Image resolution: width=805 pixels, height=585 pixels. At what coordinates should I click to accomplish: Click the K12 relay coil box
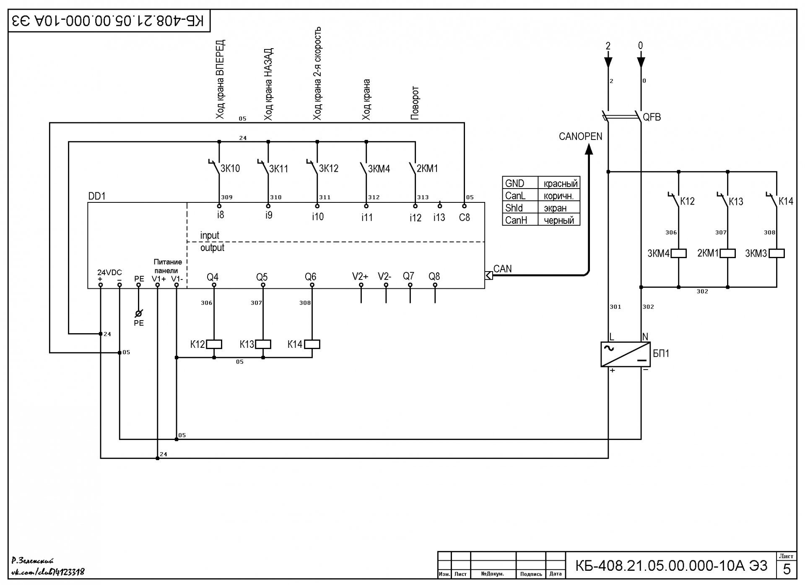click(214, 344)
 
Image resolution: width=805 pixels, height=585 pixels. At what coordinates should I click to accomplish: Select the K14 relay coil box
click(312, 344)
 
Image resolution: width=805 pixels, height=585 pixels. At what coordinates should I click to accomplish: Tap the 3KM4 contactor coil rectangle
click(679, 254)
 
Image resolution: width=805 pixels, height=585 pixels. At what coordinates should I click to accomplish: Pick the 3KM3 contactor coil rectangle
click(777, 254)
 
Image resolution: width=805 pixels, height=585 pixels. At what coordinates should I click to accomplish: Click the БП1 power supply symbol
click(625, 355)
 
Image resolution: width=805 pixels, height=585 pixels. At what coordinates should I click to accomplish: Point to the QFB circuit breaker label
click(652, 117)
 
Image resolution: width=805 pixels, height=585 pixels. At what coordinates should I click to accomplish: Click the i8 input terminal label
click(221, 215)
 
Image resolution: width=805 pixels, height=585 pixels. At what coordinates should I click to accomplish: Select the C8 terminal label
click(465, 217)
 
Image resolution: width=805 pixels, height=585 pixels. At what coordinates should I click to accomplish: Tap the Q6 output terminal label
click(311, 277)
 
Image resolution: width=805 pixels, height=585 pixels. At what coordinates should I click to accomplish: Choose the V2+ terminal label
click(360, 277)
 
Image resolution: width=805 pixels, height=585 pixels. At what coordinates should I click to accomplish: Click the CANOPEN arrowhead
click(589, 149)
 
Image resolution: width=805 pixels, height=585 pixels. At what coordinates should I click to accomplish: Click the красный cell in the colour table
click(559, 183)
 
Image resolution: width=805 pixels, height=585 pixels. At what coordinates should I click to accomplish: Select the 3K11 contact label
click(279, 169)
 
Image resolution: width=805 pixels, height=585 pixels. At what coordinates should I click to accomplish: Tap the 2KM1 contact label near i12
click(427, 168)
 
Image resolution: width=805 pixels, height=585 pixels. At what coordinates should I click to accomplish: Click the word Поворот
click(415, 103)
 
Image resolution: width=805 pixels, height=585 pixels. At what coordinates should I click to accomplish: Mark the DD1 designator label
click(97, 196)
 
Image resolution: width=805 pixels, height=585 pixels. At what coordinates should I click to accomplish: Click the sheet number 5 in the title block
click(787, 569)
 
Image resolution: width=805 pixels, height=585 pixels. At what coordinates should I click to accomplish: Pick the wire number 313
click(423, 197)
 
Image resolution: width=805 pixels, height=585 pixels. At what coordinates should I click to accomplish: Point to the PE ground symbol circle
click(139, 313)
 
